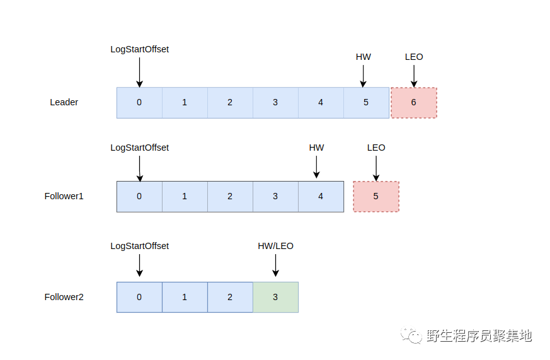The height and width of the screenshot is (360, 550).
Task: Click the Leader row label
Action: (64, 102)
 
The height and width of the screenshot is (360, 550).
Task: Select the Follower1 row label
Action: (64, 196)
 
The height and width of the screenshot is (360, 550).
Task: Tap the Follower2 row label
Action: (64, 297)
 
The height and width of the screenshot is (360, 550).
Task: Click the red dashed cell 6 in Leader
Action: (413, 103)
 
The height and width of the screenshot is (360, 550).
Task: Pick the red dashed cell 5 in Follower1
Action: (375, 196)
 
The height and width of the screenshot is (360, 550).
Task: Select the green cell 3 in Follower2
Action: (275, 297)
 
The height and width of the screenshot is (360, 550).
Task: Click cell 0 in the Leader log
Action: (139, 103)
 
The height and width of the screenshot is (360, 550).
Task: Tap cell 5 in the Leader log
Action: (366, 103)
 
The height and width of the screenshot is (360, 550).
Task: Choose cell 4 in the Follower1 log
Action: (321, 196)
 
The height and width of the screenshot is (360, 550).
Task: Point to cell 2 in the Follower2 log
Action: (230, 297)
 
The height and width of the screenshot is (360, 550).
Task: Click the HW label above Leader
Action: (364, 57)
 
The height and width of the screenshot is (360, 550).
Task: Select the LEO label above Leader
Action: (414, 57)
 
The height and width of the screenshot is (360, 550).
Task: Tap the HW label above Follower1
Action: (316, 148)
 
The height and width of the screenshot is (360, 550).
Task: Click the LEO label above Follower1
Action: (376, 148)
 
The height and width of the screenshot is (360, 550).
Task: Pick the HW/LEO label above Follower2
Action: (275, 246)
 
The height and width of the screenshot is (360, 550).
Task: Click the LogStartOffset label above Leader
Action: (139, 49)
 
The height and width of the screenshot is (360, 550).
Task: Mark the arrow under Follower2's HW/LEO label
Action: (275, 265)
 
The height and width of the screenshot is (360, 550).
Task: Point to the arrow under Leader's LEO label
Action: (414, 75)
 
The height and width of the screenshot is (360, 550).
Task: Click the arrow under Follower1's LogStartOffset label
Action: (139, 169)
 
